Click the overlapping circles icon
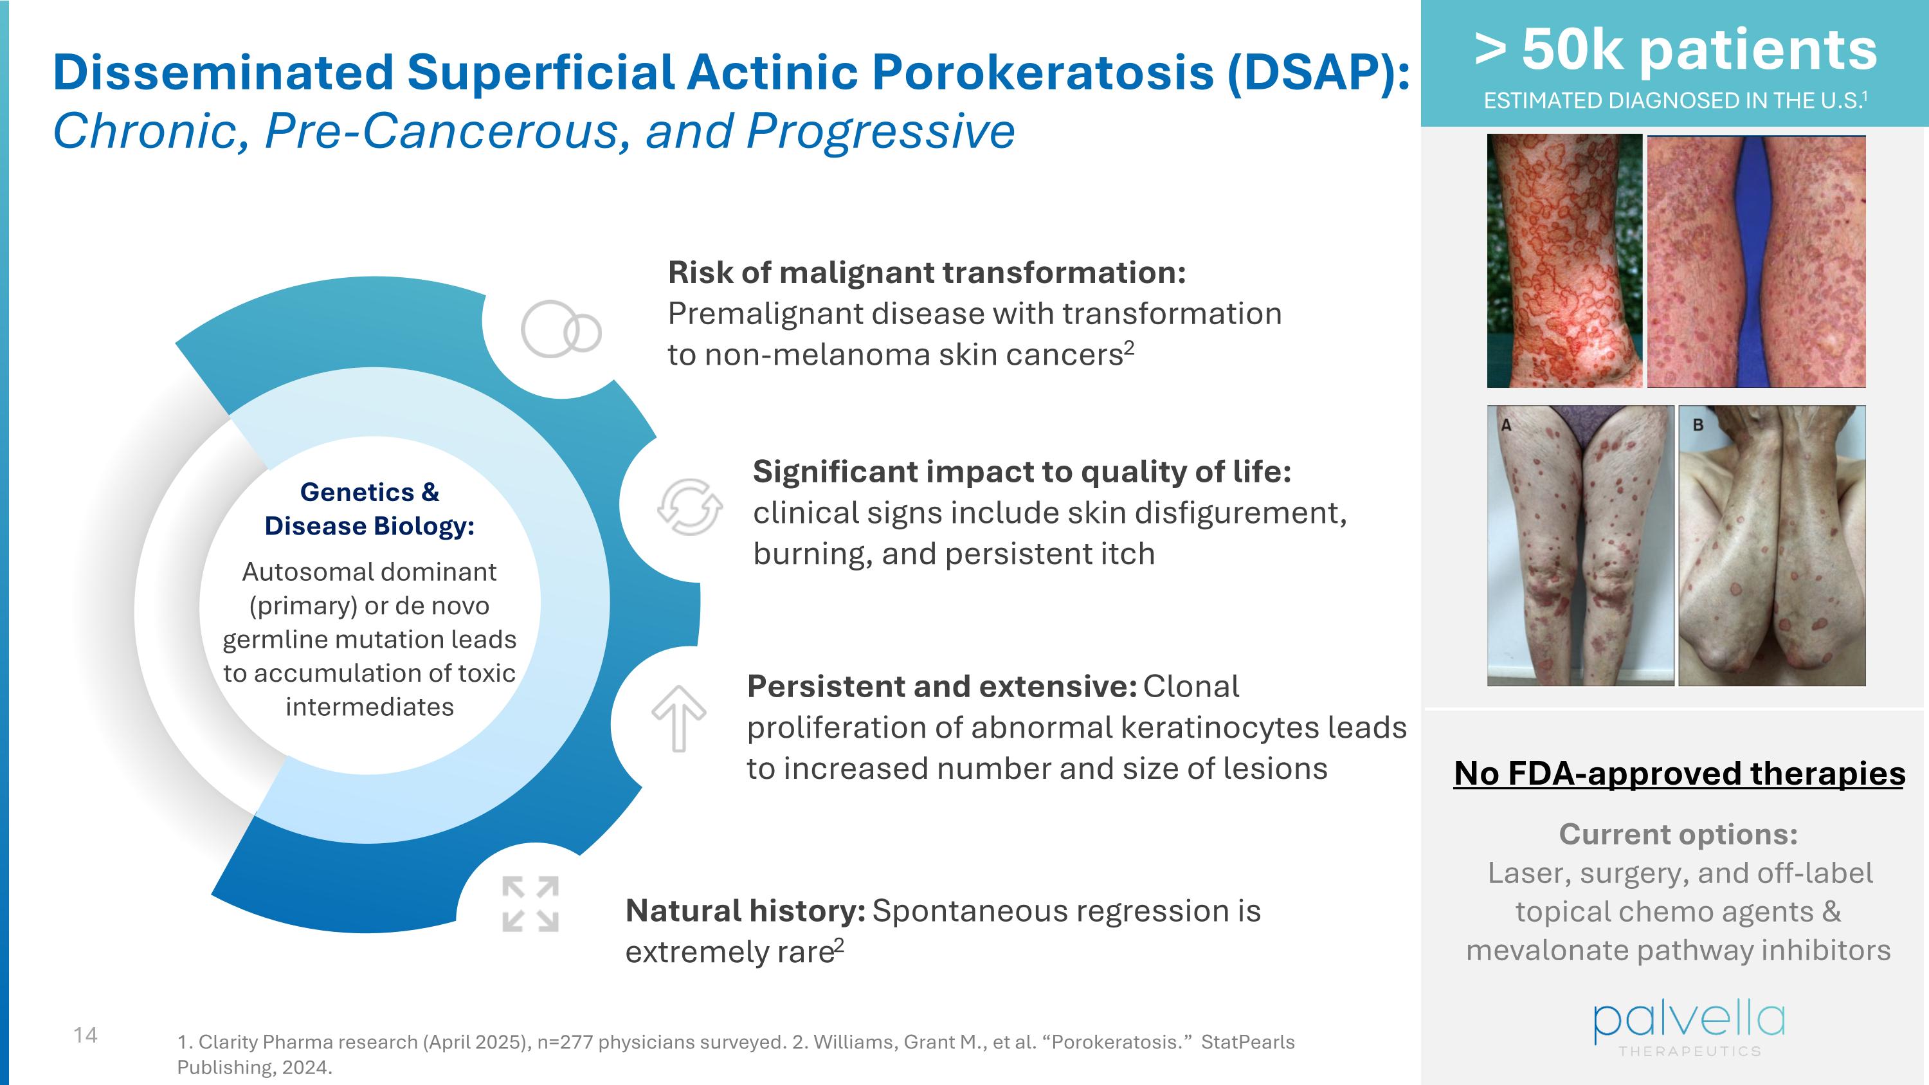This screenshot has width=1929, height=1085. click(x=561, y=329)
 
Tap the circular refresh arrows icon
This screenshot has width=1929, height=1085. click(x=690, y=507)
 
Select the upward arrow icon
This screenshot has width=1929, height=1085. click(x=678, y=717)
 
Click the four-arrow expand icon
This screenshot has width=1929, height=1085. click(x=530, y=904)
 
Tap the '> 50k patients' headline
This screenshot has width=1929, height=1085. click(x=1676, y=50)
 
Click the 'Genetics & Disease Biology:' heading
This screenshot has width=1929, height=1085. click(x=369, y=509)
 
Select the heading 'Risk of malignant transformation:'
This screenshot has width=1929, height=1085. click(x=927, y=273)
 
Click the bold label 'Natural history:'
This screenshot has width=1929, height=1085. click(x=745, y=911)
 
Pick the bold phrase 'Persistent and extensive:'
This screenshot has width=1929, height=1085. click(x=941, y=686)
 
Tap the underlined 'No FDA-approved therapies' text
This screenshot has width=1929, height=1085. click(x=1679, y=773)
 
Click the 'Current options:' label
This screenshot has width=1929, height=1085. click(x=1678, y=834)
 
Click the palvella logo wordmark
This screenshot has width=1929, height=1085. click(x=1689, y=1021)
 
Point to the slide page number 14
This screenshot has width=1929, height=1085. click(x=86, y=1035)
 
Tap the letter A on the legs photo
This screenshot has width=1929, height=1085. click(x=1506, y=424)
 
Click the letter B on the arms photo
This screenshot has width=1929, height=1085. click(x=1698, y=424)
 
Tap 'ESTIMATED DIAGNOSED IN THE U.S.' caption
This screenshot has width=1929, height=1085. click(x=1674, y=100)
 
